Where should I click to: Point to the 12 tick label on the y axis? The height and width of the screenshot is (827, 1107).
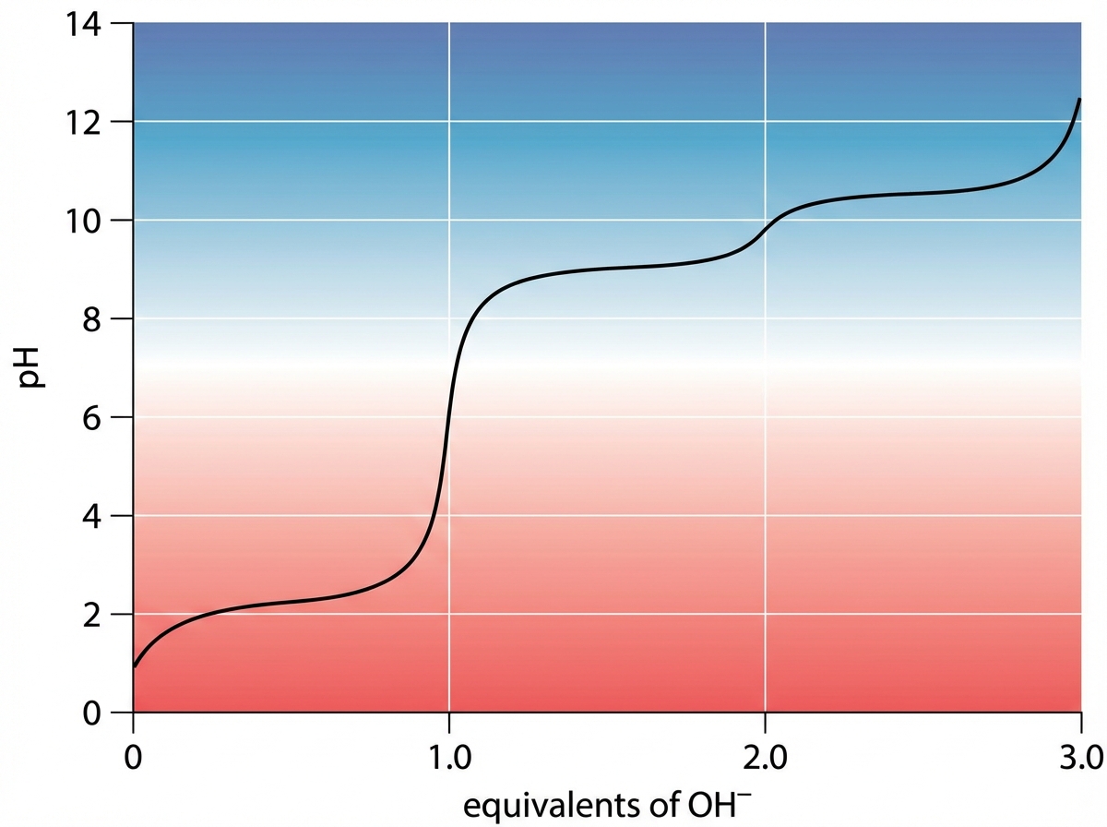[90, 122]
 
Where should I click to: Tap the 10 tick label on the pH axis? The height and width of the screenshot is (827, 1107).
[90, 221]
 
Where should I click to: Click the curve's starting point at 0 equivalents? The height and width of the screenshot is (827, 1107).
[135, 665]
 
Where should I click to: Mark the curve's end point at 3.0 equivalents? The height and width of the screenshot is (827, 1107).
[1079, 99]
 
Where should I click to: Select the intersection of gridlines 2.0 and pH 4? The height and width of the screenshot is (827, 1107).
[765, 516]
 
